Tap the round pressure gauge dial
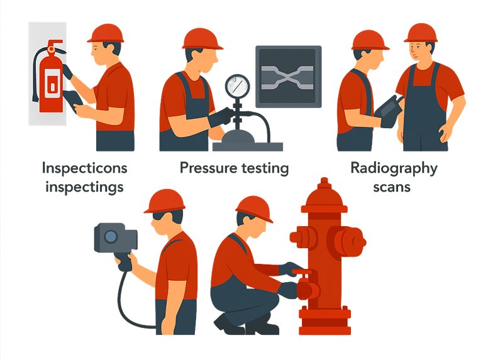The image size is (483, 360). click(x=237, y=87)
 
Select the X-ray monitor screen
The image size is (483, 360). click(x=288, y=77)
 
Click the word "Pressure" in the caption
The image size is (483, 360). click(x=208, y=168)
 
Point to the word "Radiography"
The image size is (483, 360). click(x=394, y=168)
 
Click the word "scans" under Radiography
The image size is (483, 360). click(x=392, y=187)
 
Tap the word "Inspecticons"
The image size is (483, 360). click(x=85, y=168)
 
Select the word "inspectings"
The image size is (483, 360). click(x=84, y=187)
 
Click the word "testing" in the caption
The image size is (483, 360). click(x=265, y=168)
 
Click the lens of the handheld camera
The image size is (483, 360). click(x=111, y=237)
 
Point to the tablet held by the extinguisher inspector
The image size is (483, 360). click(x=73, y=101)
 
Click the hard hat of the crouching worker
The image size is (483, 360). click(x=255, y=209)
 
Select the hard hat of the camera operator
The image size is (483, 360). click(x=165, y=201)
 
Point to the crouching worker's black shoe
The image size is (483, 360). click(x=227, y=325)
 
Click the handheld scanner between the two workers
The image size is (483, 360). click(x=389, y=109)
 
